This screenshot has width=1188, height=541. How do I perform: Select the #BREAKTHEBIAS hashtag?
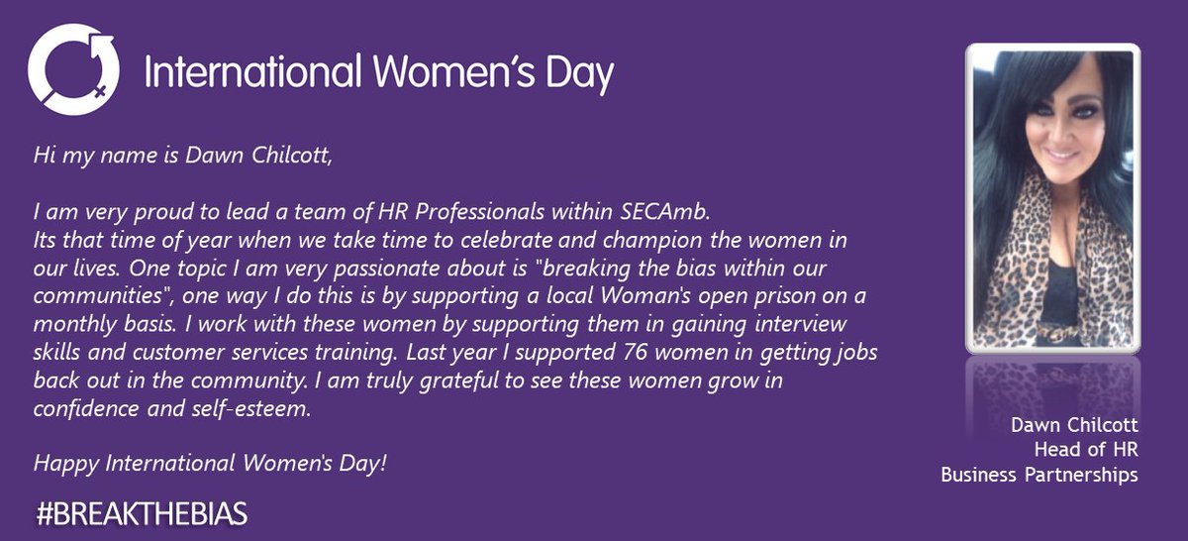[142, 514]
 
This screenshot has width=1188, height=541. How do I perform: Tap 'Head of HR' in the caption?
[1086, 450]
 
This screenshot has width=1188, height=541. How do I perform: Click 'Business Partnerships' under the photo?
[1039, 475]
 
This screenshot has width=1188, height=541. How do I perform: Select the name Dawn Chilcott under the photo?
[1074, 425]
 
